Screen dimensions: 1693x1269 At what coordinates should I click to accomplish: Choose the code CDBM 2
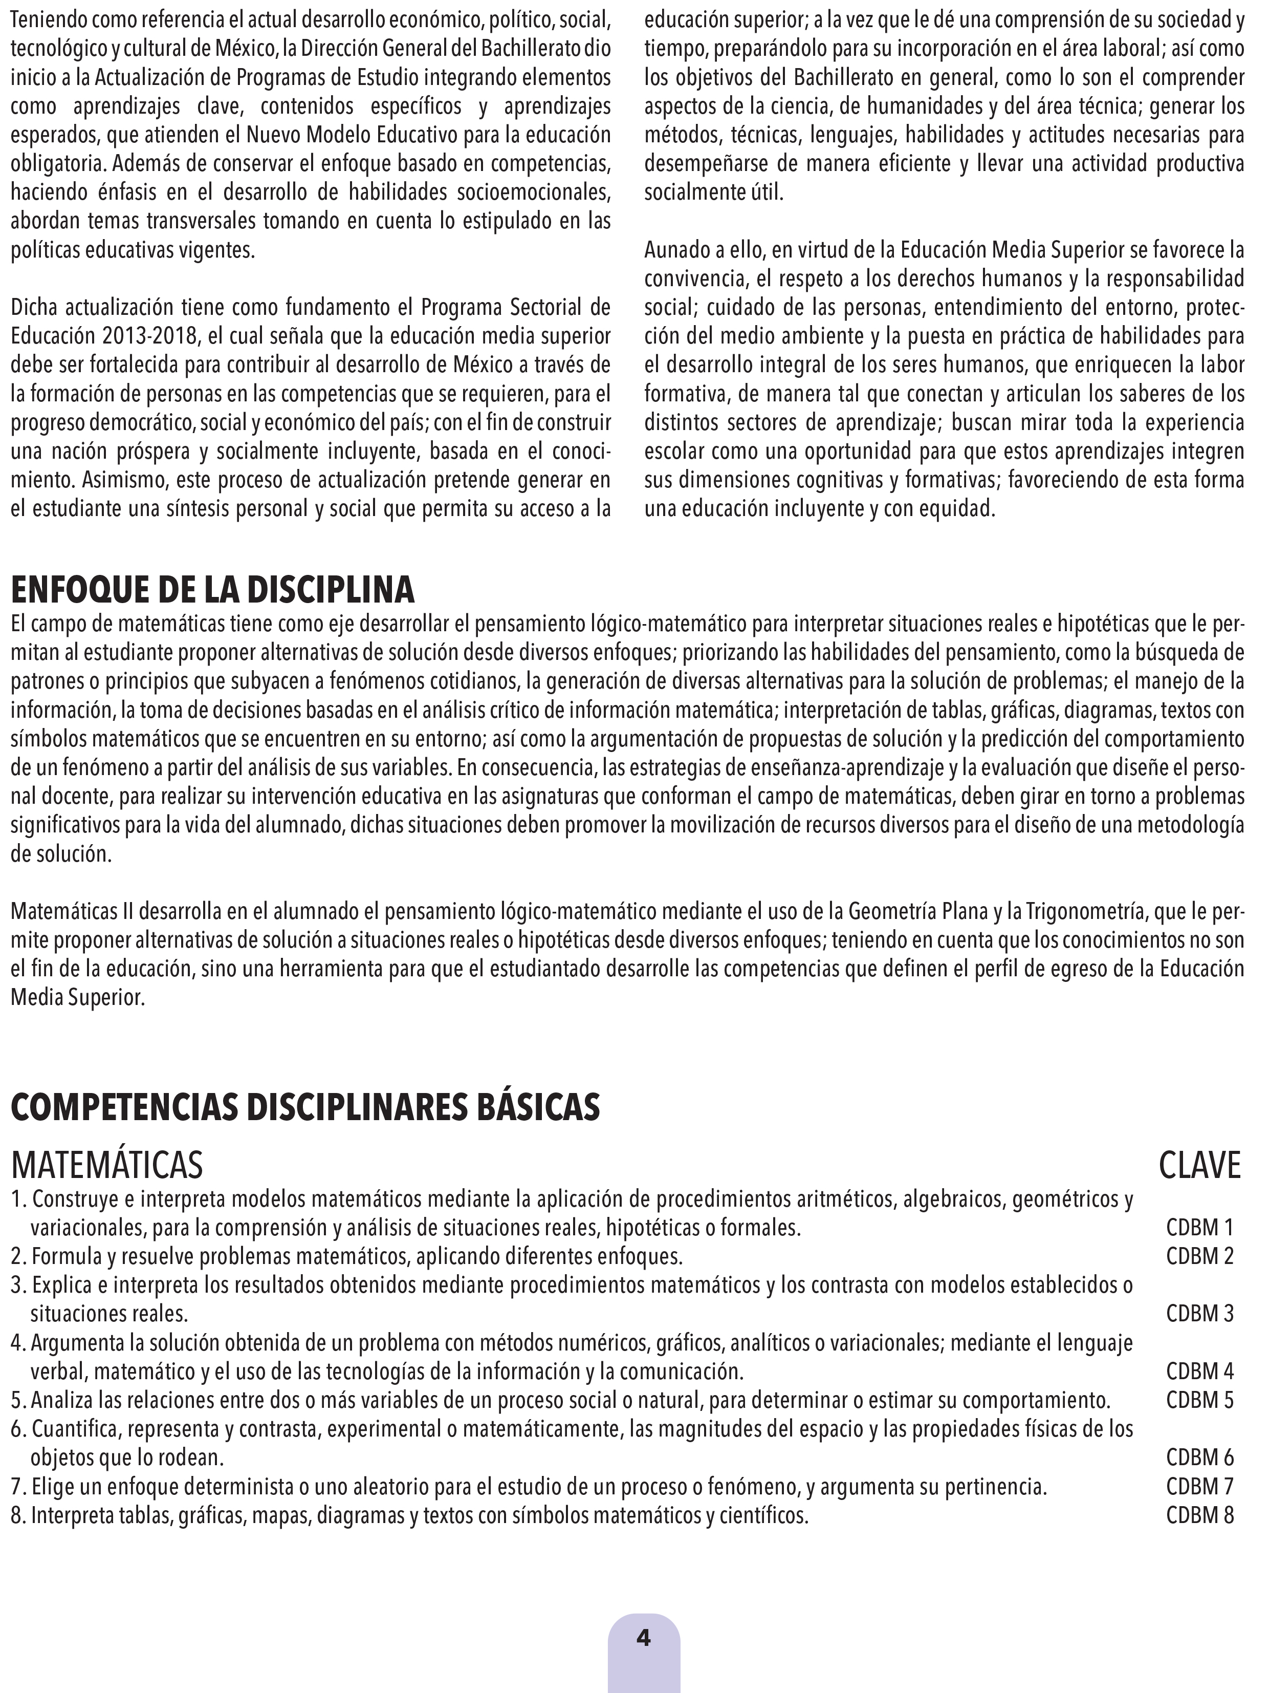(1199, 1257)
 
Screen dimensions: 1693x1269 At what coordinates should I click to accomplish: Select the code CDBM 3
(1199, 1314)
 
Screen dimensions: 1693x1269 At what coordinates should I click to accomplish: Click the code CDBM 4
(1199, 1371)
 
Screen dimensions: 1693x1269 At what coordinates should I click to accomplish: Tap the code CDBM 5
(1199, 1401)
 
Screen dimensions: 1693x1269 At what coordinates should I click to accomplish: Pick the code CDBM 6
(1199, 1458)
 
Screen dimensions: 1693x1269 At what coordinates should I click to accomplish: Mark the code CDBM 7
(1199, 1487)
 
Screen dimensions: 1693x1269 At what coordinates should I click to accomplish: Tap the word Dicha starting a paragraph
(33, 308)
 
